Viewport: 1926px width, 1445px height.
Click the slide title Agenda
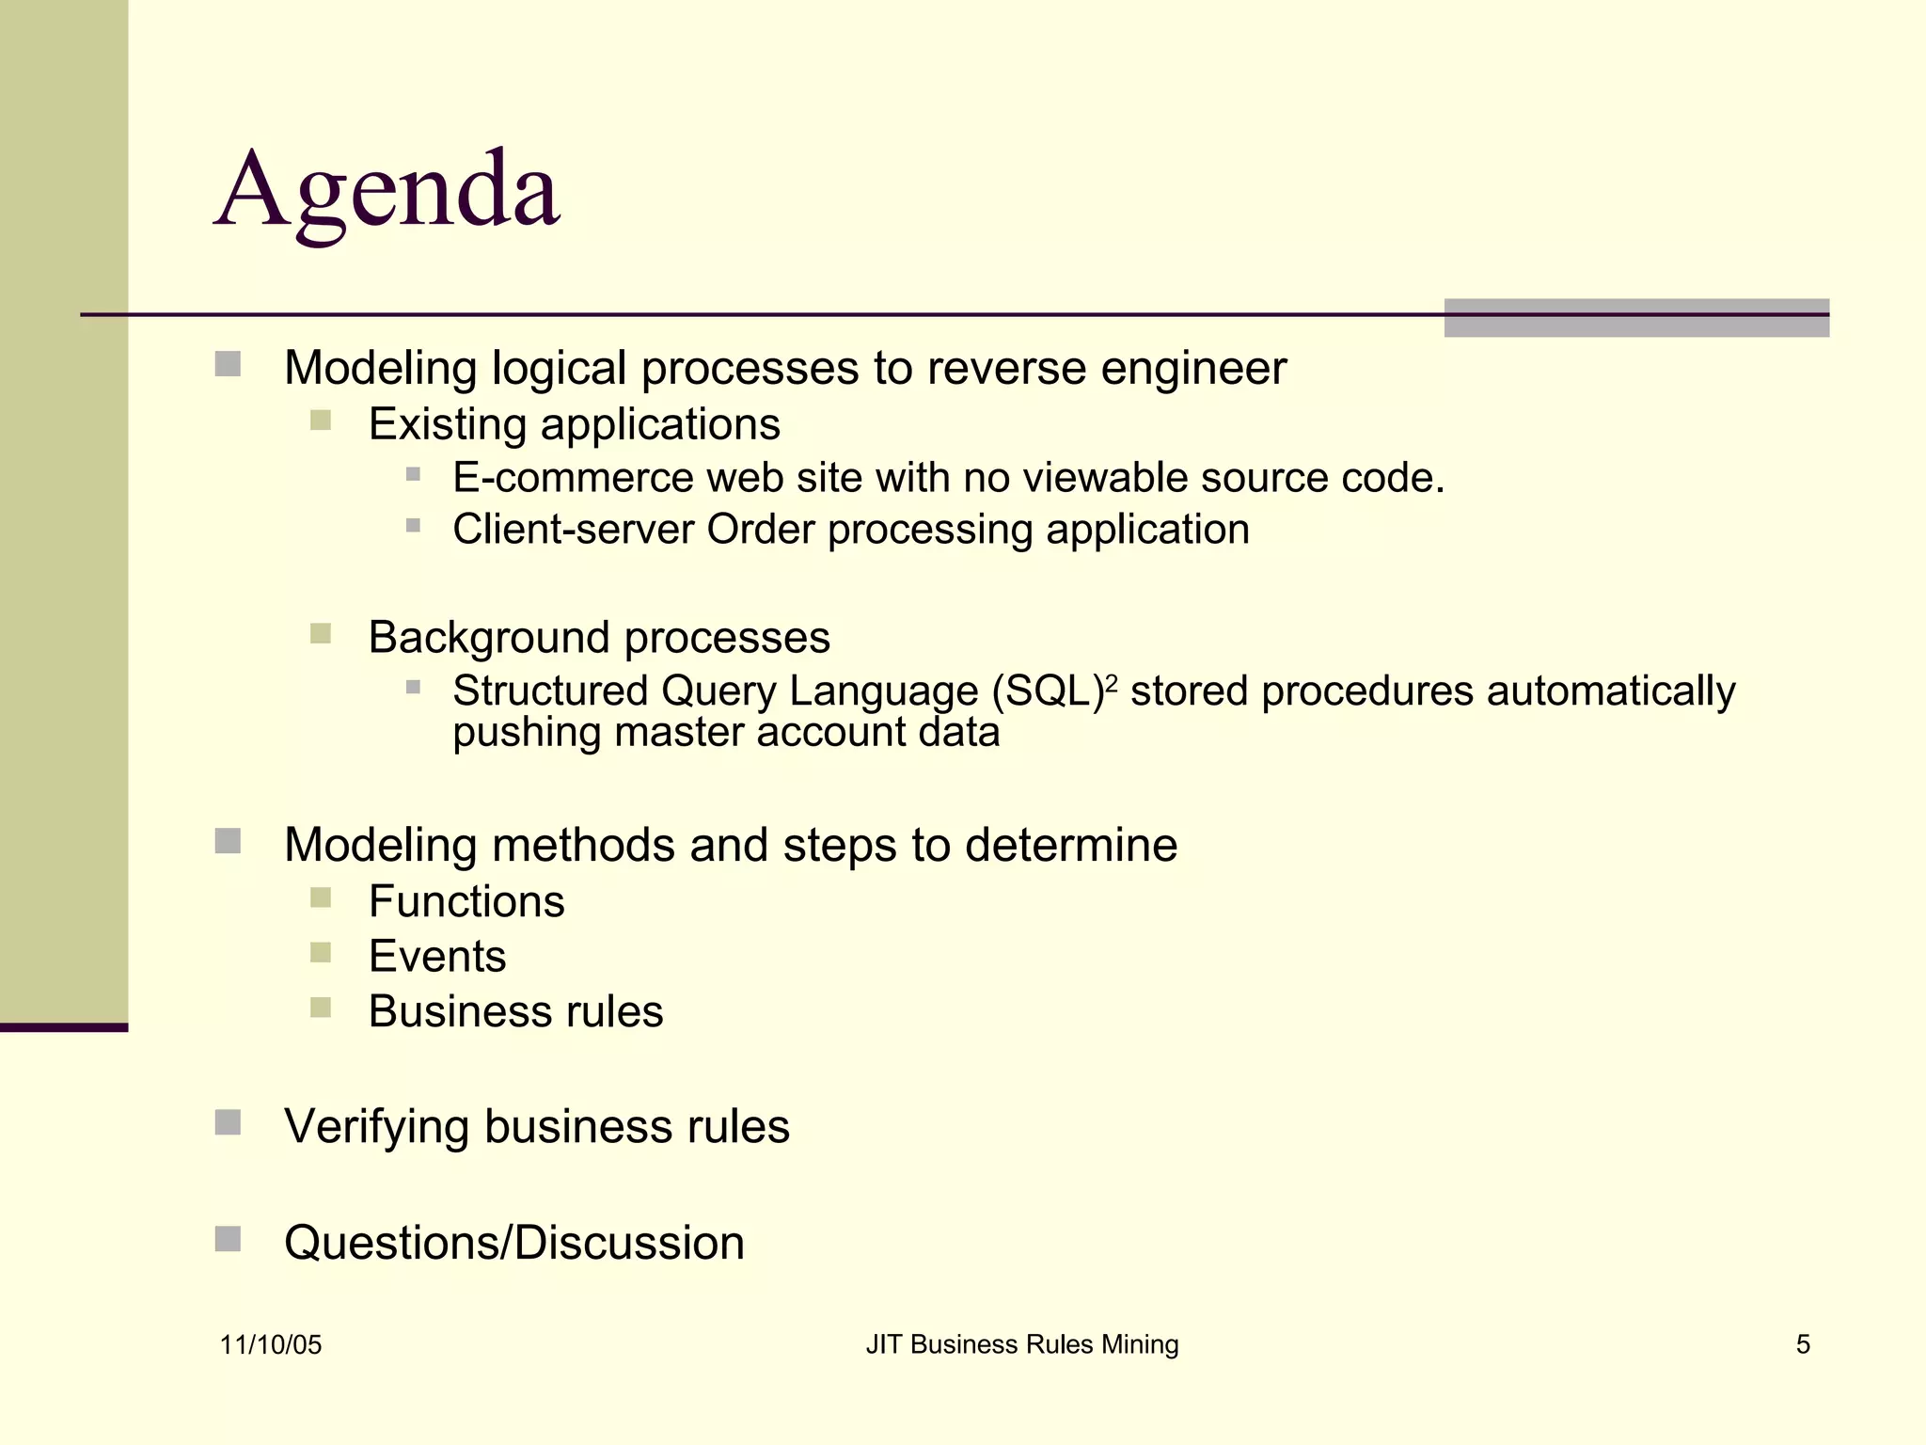387,191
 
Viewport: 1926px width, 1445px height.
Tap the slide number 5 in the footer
1803,1344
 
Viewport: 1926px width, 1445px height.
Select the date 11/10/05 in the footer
271,1345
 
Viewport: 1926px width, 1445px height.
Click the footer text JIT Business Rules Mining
1022,1344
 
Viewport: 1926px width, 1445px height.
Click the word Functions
466,901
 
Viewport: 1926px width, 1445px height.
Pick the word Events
437,957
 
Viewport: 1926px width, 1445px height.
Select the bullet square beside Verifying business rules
228,1122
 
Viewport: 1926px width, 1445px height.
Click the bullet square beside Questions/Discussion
228,1239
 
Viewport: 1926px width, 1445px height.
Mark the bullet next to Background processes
321,633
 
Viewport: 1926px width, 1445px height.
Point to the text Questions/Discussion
514,1243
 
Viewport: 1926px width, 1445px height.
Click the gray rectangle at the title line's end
1636,318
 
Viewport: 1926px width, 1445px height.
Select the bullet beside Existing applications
321,420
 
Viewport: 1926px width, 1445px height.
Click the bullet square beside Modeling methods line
228,840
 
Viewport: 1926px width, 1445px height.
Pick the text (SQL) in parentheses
1047,691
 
